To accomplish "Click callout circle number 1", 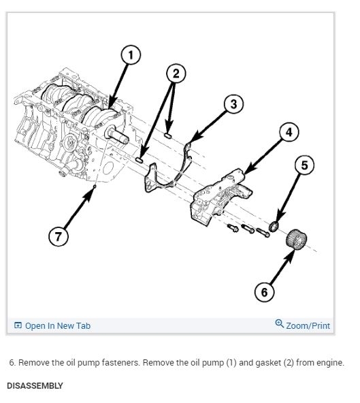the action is (x=131, y=55).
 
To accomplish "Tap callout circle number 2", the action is (x=176, y=74).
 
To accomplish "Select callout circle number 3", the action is (x=233, y=104).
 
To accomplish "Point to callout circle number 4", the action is (x=289, y=132).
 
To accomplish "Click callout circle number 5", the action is (x=304, y=165).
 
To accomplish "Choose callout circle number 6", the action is (x=265, y=292).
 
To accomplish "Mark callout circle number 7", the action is (x=59, y=236).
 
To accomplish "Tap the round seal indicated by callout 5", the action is (x=274, y=227).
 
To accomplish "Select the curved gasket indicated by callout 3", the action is (x=155, y=184).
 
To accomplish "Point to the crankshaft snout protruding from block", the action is (x=116, y=135).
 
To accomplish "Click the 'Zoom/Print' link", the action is (x=308, y=325).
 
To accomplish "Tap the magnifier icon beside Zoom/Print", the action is (x=279, y=323).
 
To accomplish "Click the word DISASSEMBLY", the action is (x=35, y=386).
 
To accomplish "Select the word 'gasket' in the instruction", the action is (x=268, y=363).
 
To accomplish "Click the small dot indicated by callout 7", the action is (x=95, y=186).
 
